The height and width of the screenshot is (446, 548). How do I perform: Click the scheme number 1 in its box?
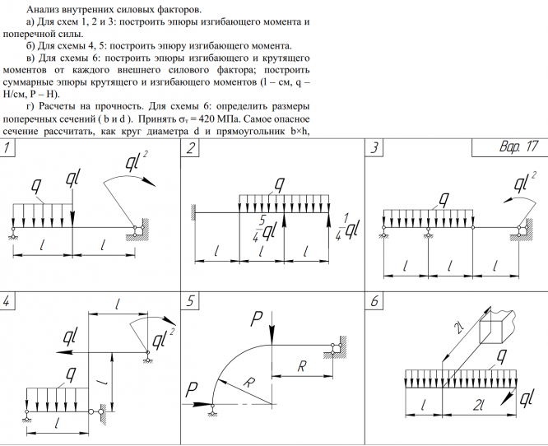[x=8, y=149]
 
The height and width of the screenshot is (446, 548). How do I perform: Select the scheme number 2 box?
[x=191, y=149]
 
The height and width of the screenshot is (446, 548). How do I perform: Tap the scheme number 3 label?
[x=374, y=149]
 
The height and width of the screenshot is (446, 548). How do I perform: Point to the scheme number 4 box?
[x=8, y=301]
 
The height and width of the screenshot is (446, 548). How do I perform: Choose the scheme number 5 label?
[x=191, y=301]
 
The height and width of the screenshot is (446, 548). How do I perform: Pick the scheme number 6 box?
[x=374, y=301]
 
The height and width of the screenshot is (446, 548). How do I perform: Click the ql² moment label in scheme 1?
[x=137, y=161]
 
